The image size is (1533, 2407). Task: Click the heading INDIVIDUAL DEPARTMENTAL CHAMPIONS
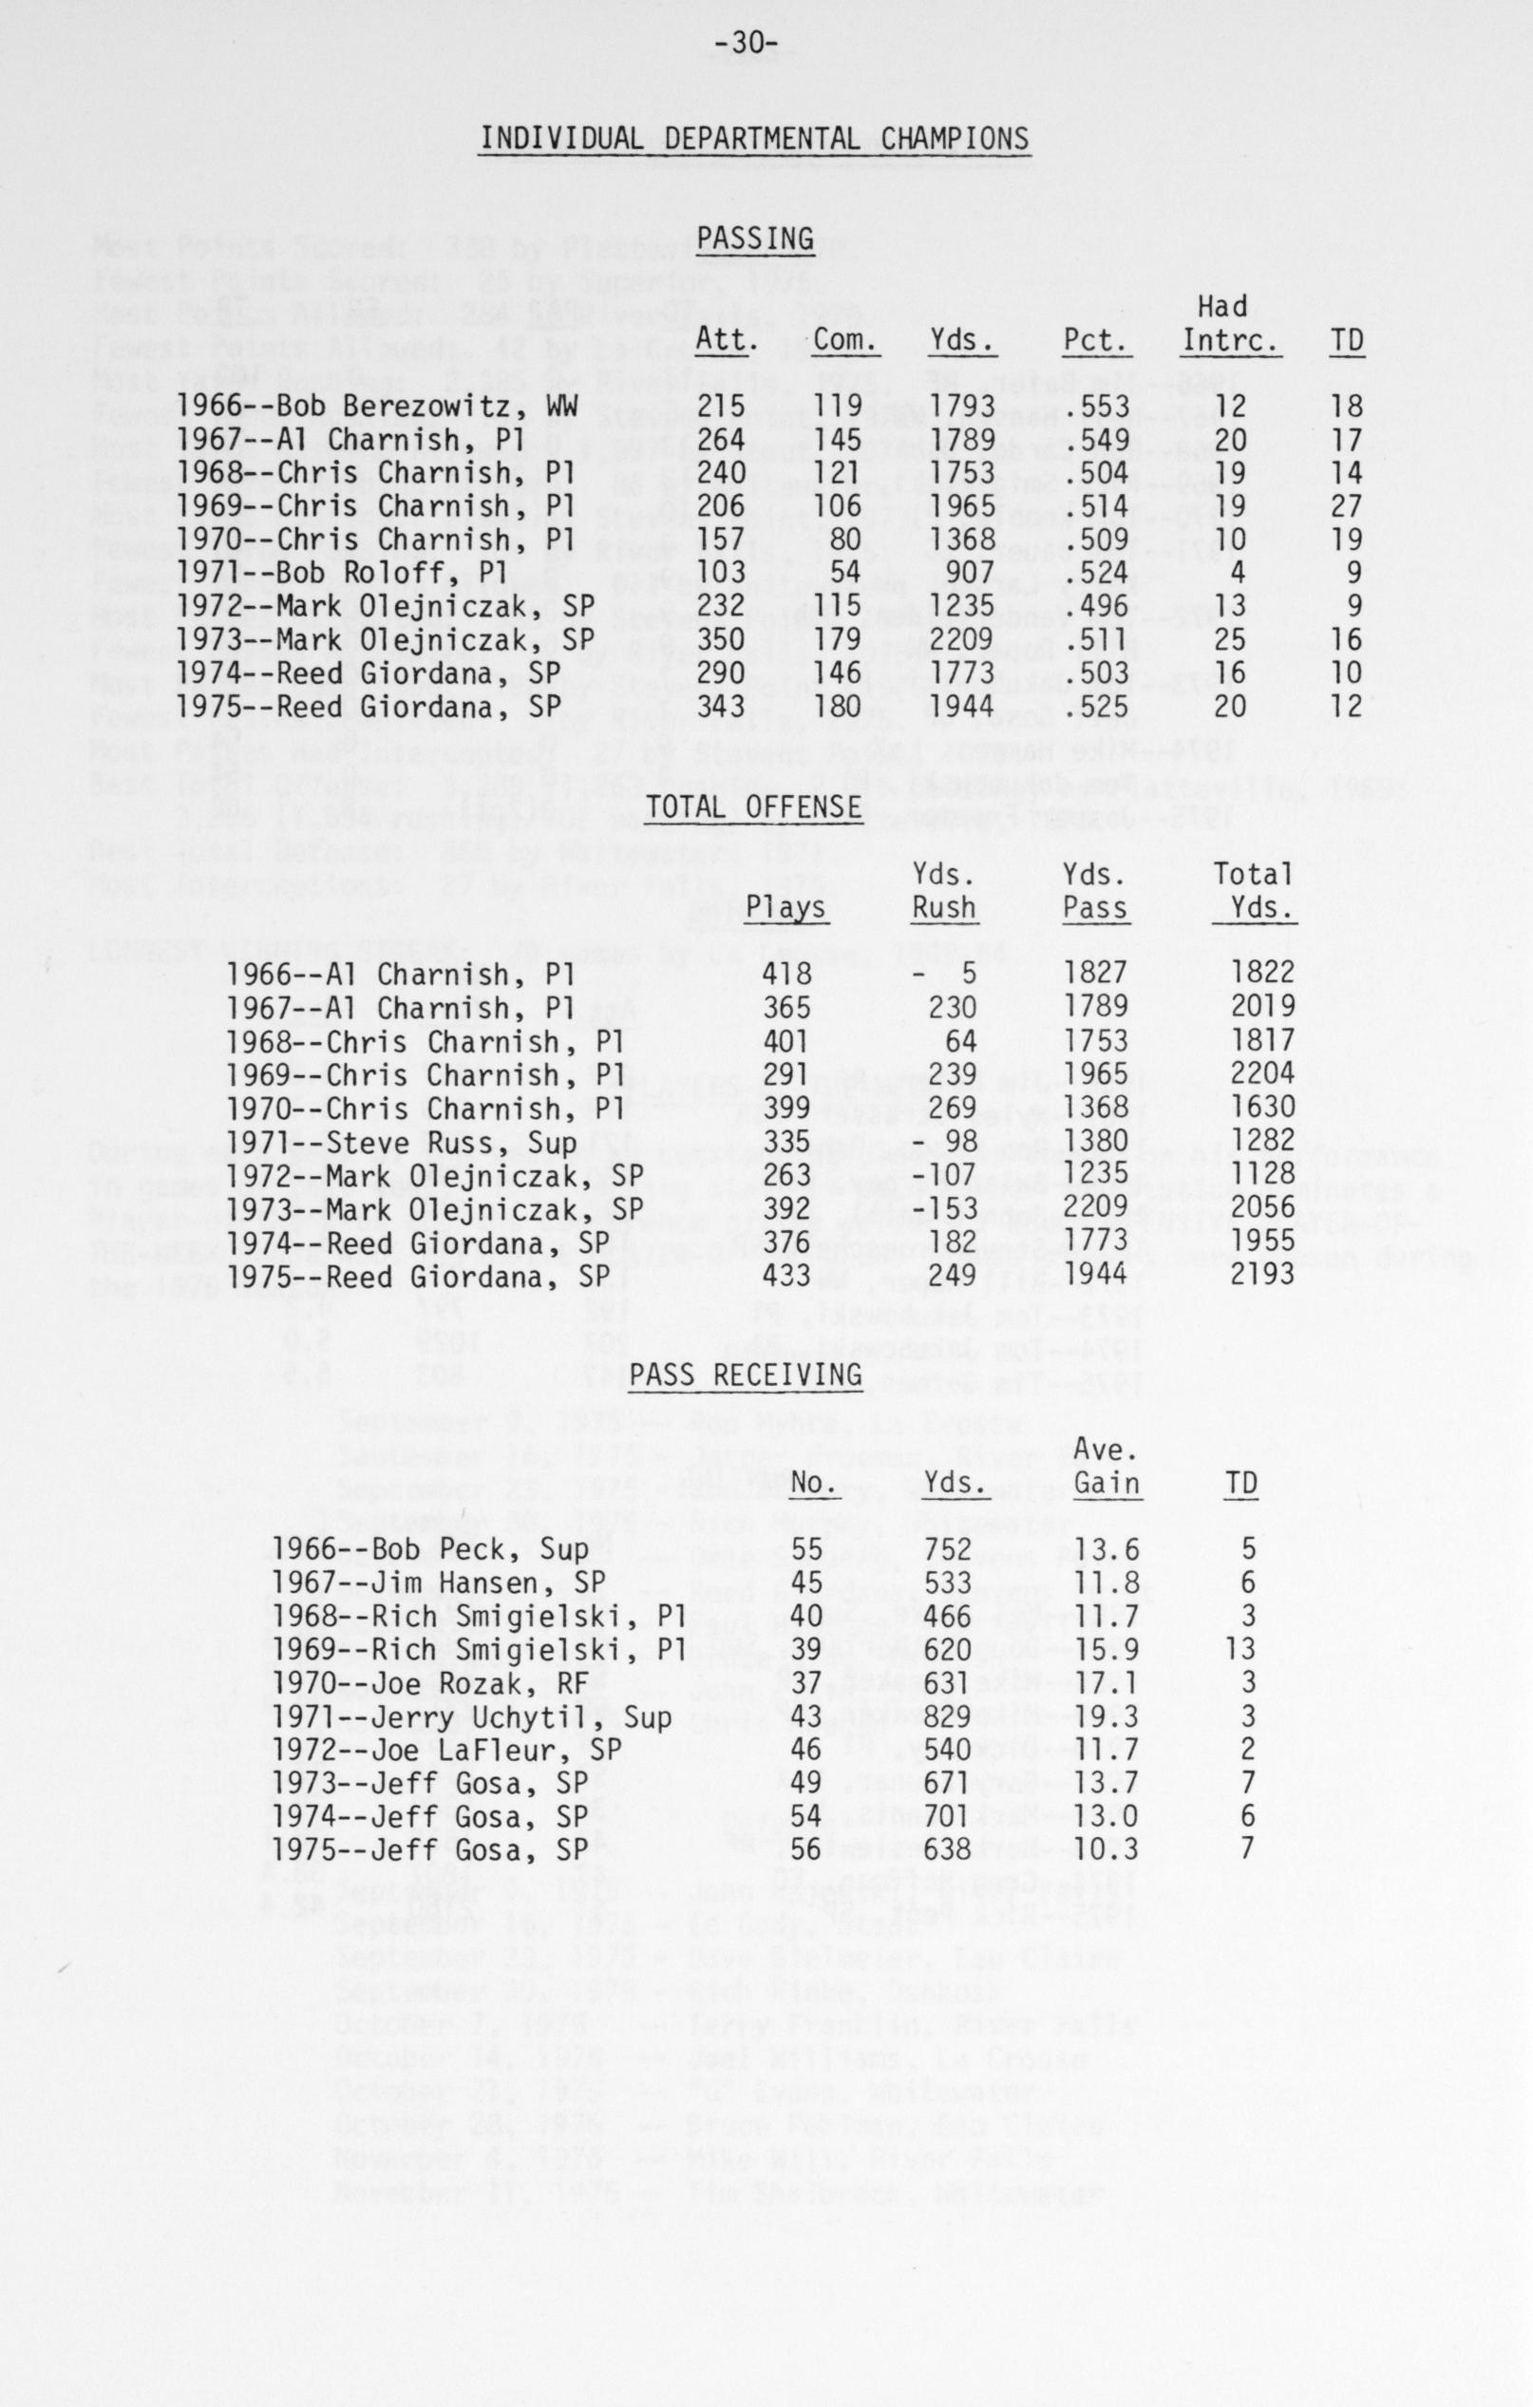754,138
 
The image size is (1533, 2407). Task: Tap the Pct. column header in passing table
1096,341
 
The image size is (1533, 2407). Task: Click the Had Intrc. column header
1229,324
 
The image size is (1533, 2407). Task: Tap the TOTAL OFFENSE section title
754,807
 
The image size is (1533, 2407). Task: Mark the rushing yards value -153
945,1207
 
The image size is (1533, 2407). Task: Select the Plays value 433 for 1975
787,1275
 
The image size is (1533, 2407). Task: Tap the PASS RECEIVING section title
746,1375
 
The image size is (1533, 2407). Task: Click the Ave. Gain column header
1107,1466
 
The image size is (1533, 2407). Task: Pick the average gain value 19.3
1107,1717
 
